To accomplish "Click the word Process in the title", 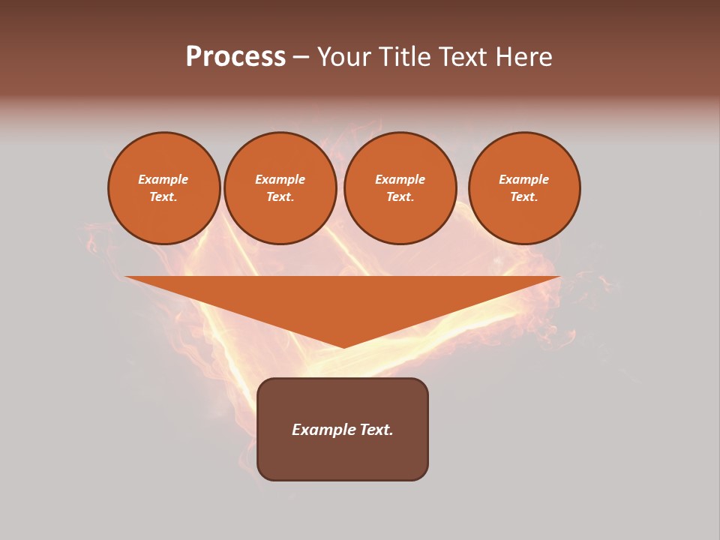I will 235,57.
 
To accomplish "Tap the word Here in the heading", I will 524,57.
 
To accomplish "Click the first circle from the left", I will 163,187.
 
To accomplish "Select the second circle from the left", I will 280,187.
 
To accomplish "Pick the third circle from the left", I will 400,187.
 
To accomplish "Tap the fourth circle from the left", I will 524,187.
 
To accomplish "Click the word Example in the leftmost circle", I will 163,179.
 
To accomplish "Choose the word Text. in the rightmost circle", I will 524,196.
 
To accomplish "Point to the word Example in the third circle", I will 400,179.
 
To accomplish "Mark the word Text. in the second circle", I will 280,196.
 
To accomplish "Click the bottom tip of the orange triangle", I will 343,346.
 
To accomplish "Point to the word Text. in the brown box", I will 375,430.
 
